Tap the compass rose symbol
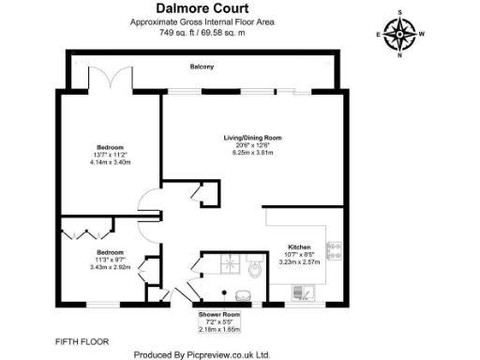tap(401, 35)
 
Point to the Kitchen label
tap(299, 246)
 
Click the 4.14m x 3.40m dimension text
tap(111, 162)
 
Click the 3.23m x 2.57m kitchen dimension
tap(299, 262)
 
